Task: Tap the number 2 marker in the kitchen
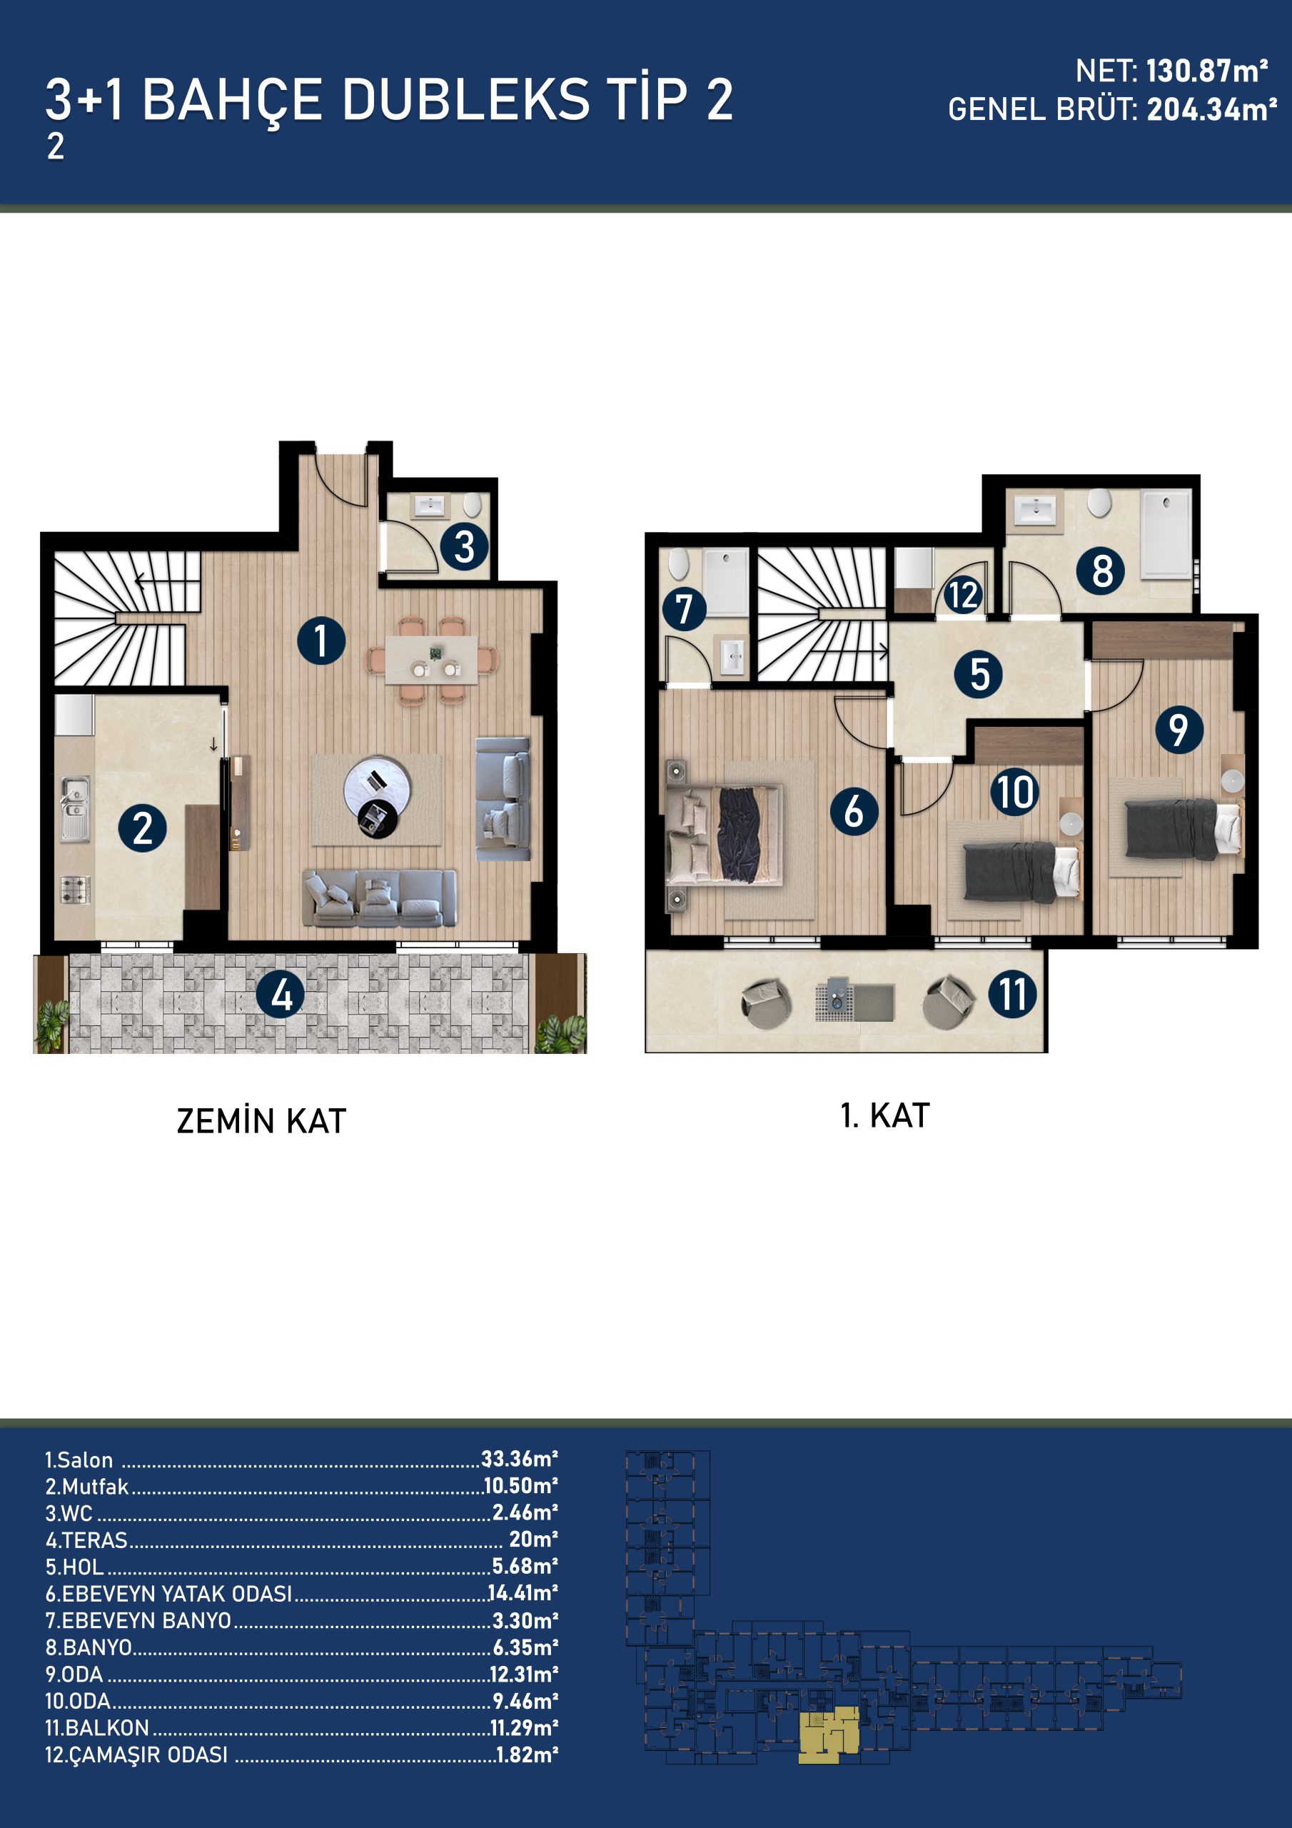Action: coord(143,828)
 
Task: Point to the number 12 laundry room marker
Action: coord(962,595)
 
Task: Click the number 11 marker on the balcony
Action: coord(1013,993)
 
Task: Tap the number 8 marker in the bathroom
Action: coord(1101,570)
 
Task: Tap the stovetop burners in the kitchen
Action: coord(76,889)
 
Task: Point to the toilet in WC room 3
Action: coord(473,505)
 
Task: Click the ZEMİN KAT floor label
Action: coord(261,1121)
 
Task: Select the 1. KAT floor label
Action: coord(884,1115)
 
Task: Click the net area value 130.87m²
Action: coord(1207,71)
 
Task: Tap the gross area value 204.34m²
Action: coord(1211,109)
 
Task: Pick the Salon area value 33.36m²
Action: coord(519,1459)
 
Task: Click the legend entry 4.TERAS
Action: coord(86,1540)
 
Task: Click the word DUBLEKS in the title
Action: coord(465,99)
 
